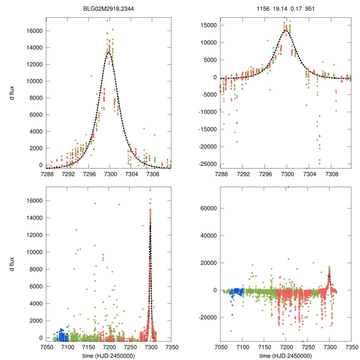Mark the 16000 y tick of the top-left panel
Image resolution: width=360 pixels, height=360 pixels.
point(34,31)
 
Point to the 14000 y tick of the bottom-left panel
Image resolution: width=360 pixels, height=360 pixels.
point(34,218)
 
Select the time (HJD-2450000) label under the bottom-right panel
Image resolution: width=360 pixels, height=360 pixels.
point(285,355)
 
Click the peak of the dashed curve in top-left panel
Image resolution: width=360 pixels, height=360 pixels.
point(109,52)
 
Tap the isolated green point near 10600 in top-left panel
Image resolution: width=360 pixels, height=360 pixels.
point(91,76)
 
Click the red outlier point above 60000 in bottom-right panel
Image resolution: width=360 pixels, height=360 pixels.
point(288,187)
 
